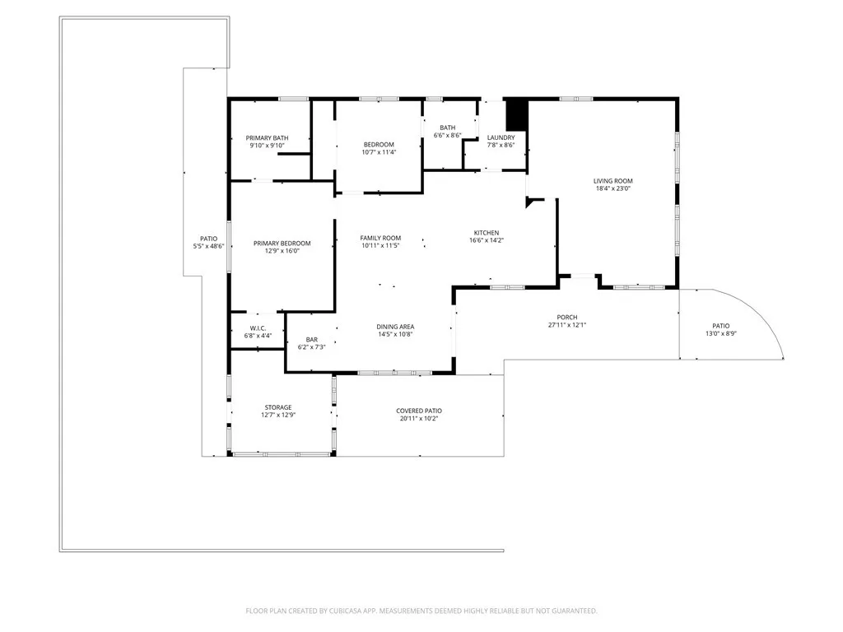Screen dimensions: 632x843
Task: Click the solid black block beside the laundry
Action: coord(515,114)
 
